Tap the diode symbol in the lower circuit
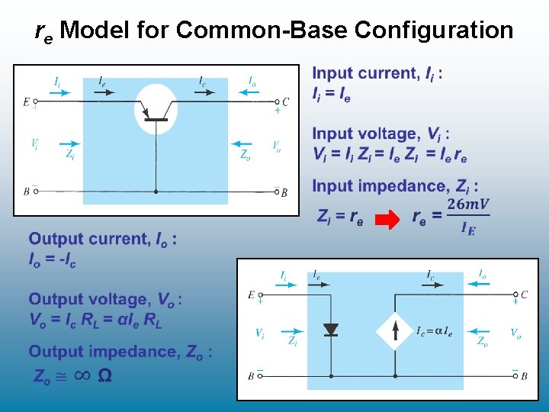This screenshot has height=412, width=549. pos(331,330)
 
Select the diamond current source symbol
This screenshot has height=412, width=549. pos(395,330)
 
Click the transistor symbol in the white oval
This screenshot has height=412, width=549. pos(156,111)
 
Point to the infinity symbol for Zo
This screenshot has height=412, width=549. pos(82,375)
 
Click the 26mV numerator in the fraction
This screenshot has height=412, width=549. pos(468,204)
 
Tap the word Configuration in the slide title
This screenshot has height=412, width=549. pos(434,31)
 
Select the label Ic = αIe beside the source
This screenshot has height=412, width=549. pos(435,331)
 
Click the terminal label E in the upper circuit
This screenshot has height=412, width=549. pos(27,101)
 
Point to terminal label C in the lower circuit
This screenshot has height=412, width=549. pos(524,294)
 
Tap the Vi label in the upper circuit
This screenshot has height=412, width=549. pos(35,143)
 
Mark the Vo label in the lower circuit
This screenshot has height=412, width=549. pos(515,333)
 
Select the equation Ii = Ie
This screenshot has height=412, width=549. pos(332,95)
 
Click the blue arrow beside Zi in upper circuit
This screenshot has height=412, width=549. pos(68,143)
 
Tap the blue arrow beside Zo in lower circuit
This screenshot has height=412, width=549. pos(479,331)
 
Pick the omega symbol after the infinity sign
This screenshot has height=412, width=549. pos(105,375)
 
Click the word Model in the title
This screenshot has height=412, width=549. pos(95,31)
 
